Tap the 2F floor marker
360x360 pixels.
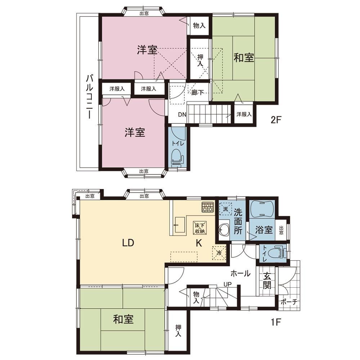click(276, 120)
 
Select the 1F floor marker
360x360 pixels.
click(276, 323)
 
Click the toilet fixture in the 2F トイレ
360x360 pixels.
click(177, 158)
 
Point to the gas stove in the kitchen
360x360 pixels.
click(208, 207)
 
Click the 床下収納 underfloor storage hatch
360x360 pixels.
click(200, 228)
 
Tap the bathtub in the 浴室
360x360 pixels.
click(261, 208)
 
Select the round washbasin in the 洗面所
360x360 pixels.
click(224, 230)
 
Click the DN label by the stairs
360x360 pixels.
click(182, 114)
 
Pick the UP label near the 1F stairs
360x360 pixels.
click(228, 284)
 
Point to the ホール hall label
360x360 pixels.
click(240, 274)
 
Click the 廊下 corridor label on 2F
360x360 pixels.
click(198, 93)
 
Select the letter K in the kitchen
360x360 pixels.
click(199, 243)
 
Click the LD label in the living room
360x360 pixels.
click(128, 243)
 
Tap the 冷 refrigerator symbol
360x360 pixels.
click(219, 253)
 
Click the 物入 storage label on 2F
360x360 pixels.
click(199, 26)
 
